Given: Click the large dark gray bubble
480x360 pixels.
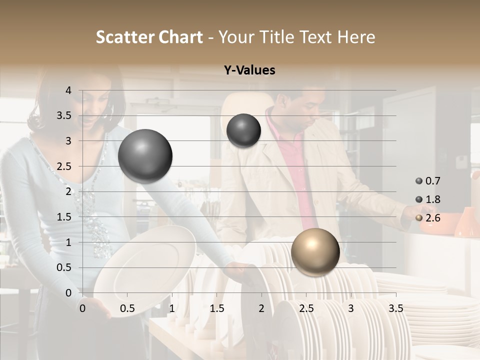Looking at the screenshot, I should pyautogui.click(x=145, y=156).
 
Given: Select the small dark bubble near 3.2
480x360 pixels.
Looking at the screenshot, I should pyautogui.click(x=243, y=130).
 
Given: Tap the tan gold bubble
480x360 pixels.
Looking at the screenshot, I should pyautogui.click(x=315, y=252).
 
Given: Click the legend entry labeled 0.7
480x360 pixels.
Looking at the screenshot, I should pyautogui.click(x=428, y=181).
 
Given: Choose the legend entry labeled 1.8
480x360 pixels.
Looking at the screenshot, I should pyautogui.click(x=428, y=199).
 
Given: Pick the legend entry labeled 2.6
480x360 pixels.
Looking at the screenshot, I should pyautogui.click(x=428, y=217).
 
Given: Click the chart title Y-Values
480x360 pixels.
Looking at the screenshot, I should pyautogui.click(x=249, y=70).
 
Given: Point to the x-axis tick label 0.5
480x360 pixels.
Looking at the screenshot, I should pyautogui.click(x=127, y=308).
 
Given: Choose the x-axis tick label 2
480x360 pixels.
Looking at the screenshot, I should pyautogui.click(x=261, y=308).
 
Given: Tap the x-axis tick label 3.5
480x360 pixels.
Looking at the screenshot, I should pyautogui.click(x=395, y=308).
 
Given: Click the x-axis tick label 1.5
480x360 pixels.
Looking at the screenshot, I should pyautogui.click(x=216, y=308).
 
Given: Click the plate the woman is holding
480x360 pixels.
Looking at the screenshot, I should pyautogui.click(x=145, y=270).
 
